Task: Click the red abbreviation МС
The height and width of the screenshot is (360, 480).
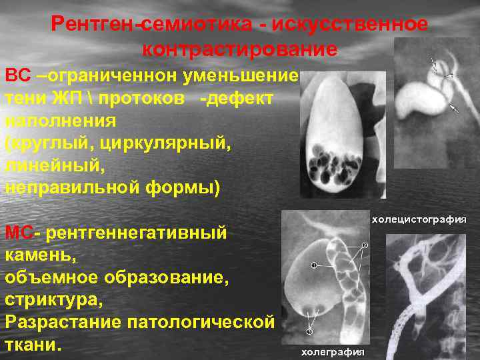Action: click(19, 233)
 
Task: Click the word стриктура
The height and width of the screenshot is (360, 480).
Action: click(54, 300)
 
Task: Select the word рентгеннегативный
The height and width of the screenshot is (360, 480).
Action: click(136, 233)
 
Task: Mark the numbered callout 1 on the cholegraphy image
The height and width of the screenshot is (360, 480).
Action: click(314, 265)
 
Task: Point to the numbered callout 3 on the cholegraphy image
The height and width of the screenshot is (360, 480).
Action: click(309, 331)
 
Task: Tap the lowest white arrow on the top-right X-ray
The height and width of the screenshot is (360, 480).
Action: click(455, 107)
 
